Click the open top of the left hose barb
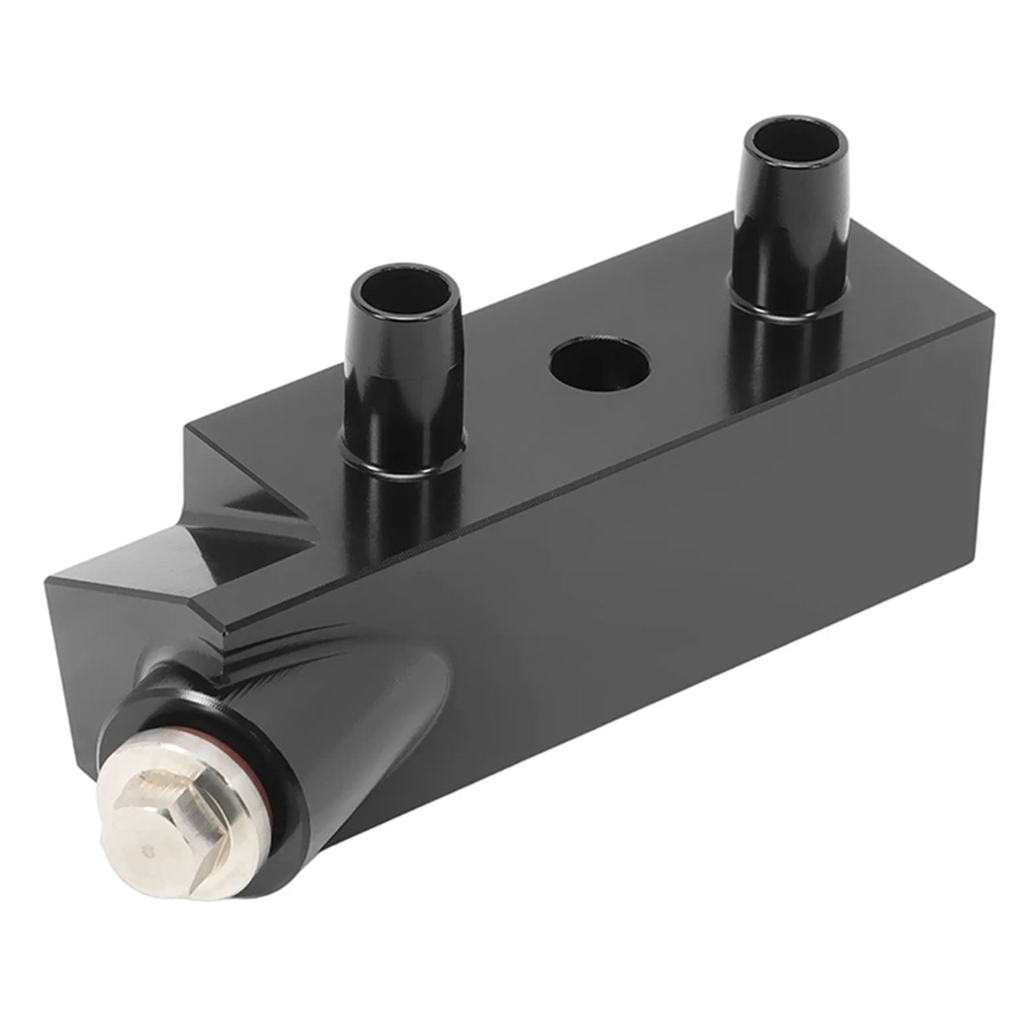pyautogui.click(x=403, y=286)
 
